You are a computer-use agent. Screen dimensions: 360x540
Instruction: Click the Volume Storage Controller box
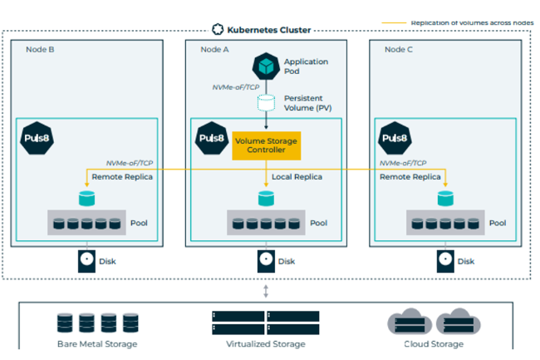click(x=266, y=145)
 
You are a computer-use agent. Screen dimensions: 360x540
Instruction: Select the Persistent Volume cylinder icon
click(x=266, y=103)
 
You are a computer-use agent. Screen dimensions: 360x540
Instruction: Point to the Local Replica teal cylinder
click(x=266, y=198)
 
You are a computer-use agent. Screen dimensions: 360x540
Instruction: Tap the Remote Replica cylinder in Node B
click(x=86, y=198)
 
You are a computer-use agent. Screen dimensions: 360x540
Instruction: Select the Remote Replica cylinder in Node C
click(x=445, y=198)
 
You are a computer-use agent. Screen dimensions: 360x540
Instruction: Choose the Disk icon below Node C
click(x=445, y=260)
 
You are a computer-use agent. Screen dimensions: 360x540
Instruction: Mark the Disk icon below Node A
click(x=266, y=260)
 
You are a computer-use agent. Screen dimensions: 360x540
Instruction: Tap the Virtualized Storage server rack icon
click(x=266, y=322)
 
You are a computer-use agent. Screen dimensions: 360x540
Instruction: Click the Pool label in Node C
click(x=498, y=223)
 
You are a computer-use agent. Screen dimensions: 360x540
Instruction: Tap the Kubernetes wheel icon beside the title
click(x=218, y=29)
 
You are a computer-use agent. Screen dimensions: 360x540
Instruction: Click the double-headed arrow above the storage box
click(x=266, y=290)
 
